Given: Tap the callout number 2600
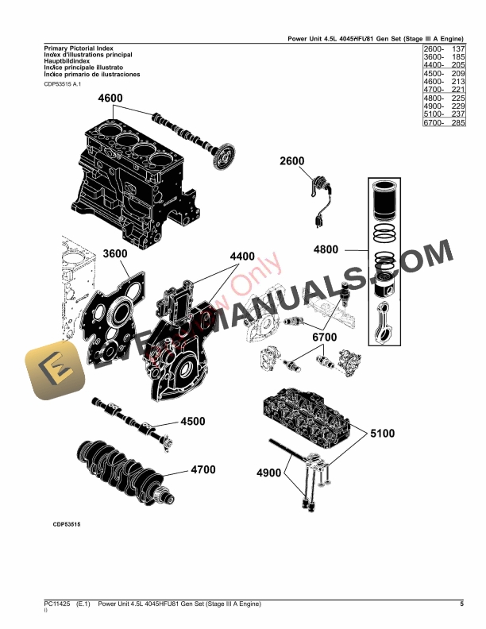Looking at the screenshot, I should coord(291,162).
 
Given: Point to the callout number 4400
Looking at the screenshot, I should coord(242,257).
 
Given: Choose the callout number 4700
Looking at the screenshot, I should coord(203,469).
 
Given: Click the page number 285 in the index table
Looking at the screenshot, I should coord(457,123).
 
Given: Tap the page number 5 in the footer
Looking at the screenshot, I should coord(461,605).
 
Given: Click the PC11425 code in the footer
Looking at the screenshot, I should coord(56,605).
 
